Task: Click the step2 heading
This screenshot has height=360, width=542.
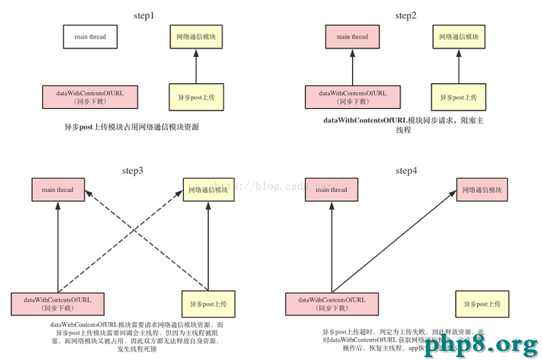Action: (405, 15)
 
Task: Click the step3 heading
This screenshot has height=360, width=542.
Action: (143, 171)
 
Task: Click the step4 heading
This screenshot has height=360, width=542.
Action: (405, 171)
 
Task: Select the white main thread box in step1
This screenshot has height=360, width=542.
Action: (90, 37)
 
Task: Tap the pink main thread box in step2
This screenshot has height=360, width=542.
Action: (352, 37)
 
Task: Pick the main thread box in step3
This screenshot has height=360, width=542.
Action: (58, 191)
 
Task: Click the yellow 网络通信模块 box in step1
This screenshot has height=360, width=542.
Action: (196, 37)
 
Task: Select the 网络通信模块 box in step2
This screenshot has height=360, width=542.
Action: (459, 37)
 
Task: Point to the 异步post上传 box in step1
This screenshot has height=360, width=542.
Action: (196, 98)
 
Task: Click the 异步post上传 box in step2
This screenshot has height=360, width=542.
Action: (459, 98)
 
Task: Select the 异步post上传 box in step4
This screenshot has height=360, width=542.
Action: (482, 303)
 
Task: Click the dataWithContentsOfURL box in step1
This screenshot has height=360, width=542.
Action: (89, 98)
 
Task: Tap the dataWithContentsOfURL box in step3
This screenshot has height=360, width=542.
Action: (58, 303)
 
